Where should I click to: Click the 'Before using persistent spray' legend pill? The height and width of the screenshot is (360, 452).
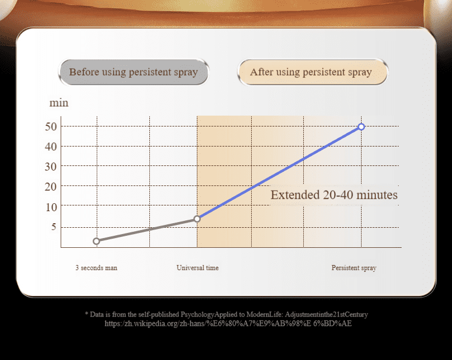(x=133, y=72)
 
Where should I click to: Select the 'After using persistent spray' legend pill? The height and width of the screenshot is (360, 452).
(x=312, y=72)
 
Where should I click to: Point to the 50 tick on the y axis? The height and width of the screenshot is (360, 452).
(x=51, y=126)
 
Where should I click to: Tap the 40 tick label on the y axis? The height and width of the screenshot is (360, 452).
(x=51, y=147)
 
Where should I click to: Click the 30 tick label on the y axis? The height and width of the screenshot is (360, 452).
(x=51, y=167)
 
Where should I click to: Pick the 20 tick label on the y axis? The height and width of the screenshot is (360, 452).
(x=51, y=187)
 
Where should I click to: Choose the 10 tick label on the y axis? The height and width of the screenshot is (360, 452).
(x=51, y=207)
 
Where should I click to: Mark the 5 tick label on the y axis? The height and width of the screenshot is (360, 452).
(x=54, y=227)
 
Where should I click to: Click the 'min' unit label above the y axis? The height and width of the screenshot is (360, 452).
(x=59, y=103)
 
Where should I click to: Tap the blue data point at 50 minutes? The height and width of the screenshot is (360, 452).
(x=361, y=126)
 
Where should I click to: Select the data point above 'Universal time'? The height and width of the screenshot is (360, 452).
(x=197, y=219)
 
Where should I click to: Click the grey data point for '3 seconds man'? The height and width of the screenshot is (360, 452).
(x=97, y=241)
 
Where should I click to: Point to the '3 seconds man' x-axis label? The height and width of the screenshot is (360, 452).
(x=97, y=268)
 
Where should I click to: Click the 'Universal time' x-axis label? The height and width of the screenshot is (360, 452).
(x=198, y=268)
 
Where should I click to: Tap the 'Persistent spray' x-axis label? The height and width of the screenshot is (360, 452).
(x=354, y=268)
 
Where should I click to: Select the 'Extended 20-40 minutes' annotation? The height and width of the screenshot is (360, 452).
(x=334, y=195)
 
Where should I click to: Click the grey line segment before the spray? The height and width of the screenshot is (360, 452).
(x=146, y=230)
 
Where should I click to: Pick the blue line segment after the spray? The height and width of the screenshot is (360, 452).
(x=279, y=173)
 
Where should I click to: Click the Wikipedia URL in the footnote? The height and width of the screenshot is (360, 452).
(x=228, y=323)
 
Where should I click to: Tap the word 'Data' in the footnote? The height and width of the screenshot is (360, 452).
(x=96, y=314)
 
